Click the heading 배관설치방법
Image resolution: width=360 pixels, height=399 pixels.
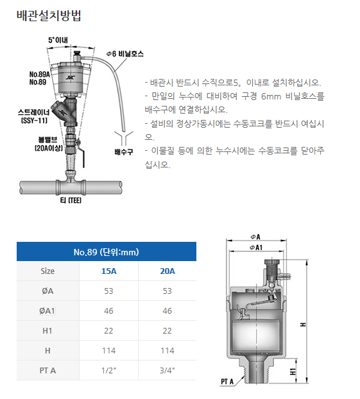pos(48,16)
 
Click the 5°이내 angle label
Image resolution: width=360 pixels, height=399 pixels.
pos(60,40)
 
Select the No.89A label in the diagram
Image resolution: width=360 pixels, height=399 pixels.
pos(40,74)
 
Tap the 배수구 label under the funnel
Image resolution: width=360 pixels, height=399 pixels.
pos(123,152)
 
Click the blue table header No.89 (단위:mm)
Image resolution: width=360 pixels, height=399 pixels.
pos(106,251)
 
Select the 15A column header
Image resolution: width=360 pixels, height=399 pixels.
pos(109,271)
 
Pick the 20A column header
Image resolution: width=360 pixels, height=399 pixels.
pos(167,271)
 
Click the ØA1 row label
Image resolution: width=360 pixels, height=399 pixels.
pos(47,310)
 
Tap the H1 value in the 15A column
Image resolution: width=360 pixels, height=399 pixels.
pos(109,330)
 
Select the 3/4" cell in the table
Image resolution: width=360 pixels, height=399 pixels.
pos(167,370)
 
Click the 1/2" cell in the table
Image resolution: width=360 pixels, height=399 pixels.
pos(109,370)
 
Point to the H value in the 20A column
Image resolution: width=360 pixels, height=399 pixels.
pos(167,350)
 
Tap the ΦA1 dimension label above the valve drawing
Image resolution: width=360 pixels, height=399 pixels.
pos(258,246)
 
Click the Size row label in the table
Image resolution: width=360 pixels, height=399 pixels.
pos(47,271)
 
